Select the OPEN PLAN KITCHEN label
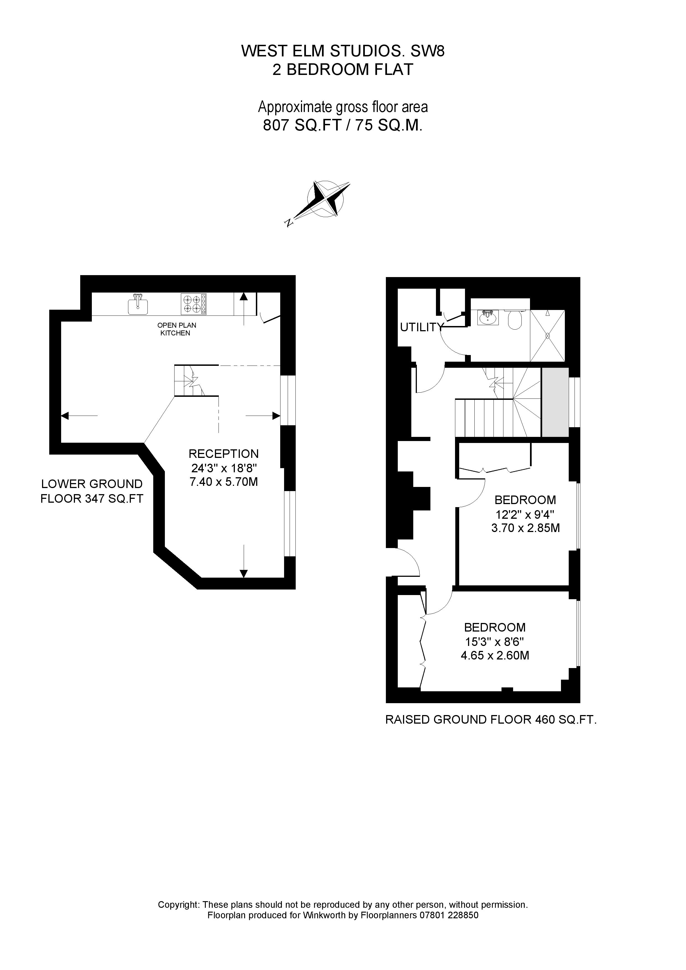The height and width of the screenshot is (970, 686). [x=177, y=329]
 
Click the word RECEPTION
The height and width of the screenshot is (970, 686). [x=223, y=454]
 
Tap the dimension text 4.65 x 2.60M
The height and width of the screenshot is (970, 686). [x=495, y=655]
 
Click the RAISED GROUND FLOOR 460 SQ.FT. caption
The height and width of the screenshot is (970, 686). [x=491, y=719]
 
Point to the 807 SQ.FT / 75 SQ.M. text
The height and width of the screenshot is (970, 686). [x=343, y=126]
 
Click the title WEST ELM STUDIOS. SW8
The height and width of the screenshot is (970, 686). [x=343, y=51]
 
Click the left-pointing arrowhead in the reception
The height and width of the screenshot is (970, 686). [x=65, y=416]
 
